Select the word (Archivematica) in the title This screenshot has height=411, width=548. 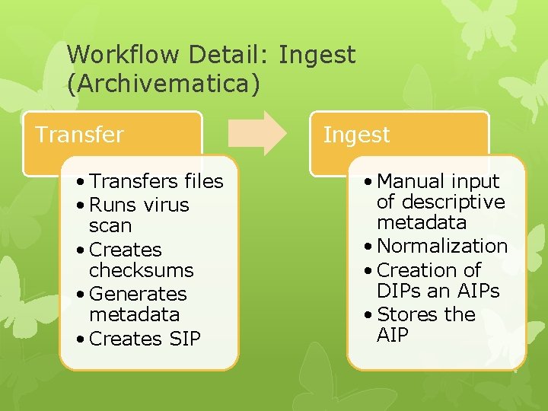164,84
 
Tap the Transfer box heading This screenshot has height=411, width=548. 79,135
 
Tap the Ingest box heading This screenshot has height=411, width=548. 356,135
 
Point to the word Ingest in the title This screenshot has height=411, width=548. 317,55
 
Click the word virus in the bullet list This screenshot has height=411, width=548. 165,205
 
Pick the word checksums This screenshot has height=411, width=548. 141,270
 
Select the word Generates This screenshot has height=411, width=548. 138,294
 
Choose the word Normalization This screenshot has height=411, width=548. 442,246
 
